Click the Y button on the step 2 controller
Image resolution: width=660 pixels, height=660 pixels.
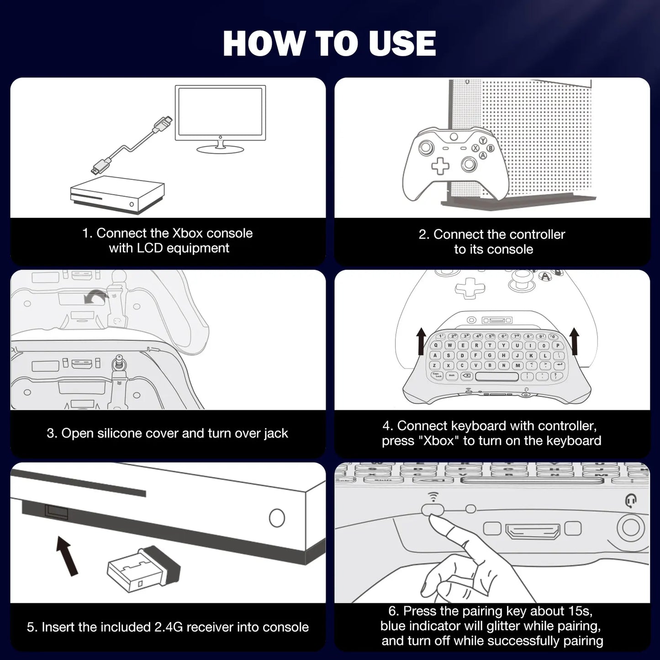[x=483, y=141]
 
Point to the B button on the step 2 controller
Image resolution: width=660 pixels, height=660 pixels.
[x=491, y=148]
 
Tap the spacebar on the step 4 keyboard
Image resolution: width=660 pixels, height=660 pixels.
[x=496, y=376]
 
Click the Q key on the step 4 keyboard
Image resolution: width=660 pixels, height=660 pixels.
[x=436, y=346]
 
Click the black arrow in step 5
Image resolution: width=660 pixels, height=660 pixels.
[x=66, y=555]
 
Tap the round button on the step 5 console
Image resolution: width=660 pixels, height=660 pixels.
[x=277, y=518]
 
